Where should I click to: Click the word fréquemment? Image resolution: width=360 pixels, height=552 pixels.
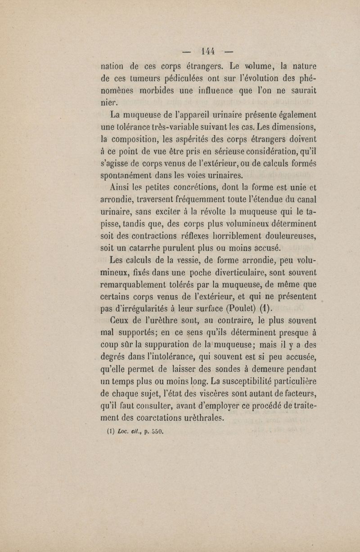tap(194, 209)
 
